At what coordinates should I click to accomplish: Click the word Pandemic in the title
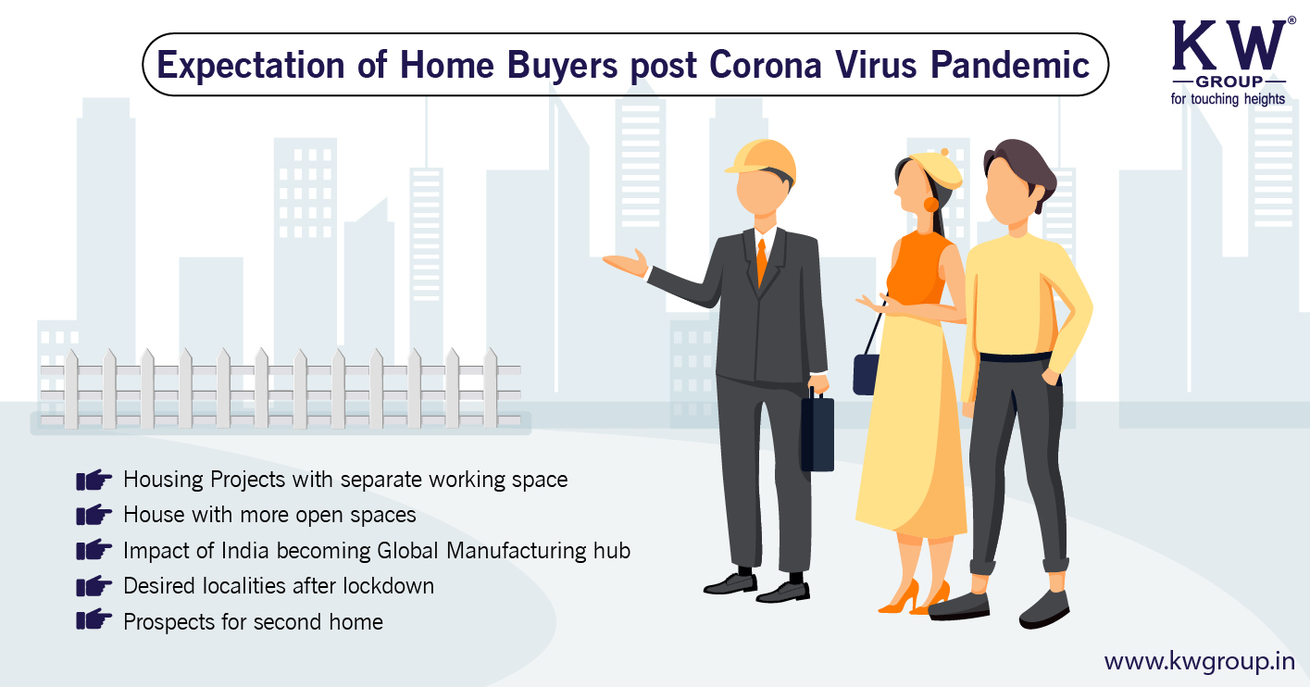(1010, 64)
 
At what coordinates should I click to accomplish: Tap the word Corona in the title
(766, 64)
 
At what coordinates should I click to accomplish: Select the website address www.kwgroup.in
(1200, 662)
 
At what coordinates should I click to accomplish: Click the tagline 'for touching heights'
(1228, 99)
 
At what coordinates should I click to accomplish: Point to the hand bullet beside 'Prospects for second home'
(94, 619)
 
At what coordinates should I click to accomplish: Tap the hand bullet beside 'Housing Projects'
(94, 480)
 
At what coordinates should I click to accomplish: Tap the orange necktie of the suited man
(761, 263)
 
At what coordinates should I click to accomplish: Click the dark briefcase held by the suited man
(817, 430)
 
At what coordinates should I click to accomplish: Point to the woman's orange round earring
(930, 205)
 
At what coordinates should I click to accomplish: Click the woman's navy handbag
(866, 374)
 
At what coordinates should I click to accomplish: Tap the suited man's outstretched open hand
(626, 263)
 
